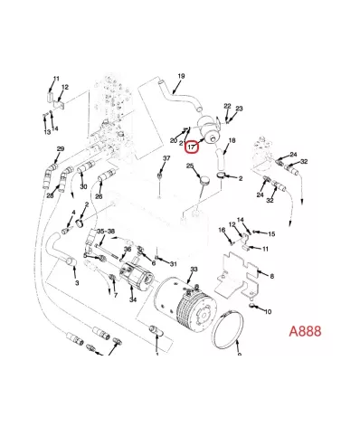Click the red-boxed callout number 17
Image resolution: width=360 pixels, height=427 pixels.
[x=192, y=147]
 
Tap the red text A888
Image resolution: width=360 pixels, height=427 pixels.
[x=305, y=331]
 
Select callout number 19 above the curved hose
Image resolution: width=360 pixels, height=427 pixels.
[x=181, y=76]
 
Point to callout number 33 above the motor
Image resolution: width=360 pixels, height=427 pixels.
[x=194, y=269]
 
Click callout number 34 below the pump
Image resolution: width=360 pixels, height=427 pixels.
[x=133, y=299]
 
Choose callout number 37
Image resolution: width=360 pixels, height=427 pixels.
[x=166, y=158]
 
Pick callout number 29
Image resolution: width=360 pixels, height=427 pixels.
[x=61, y=149]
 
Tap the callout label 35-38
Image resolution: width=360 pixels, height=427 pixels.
[x=106, y=232]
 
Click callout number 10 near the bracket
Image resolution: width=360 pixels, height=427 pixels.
[x=268, y=311]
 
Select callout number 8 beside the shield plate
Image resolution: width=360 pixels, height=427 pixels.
[x=271, y=276]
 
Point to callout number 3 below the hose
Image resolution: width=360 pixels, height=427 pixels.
[x=77, y=283]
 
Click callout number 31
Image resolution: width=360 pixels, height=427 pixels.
[x=173, y=264]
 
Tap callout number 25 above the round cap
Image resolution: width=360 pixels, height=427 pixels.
[x=190, y=166]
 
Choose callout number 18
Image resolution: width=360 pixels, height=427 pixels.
[x=232, y=140]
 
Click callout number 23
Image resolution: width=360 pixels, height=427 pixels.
[x=239, y=109]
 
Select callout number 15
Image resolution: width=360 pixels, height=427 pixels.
[x=271, y=234]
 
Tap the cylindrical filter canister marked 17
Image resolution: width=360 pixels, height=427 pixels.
[x=208, y=129]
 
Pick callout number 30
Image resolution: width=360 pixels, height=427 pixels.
[x=83, y=186]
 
